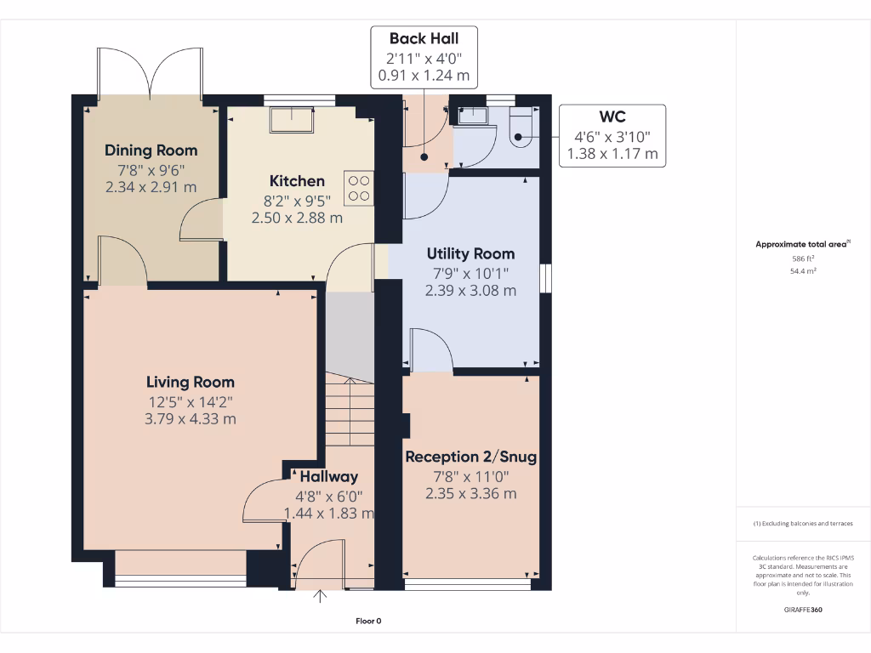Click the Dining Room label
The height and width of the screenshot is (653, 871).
[x=151, y=150]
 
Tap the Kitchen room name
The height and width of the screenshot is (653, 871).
[x=297, y=181]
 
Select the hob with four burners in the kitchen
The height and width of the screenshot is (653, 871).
[x=359, y=188]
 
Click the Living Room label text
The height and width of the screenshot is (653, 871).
[x=190, y=383]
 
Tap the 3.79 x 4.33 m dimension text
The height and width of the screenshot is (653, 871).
[x=190, y=418]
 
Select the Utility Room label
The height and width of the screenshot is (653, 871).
[x=470, y=253]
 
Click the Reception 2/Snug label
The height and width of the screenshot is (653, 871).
[x=470, y=457]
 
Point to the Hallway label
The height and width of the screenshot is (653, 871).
[x=328, y=476]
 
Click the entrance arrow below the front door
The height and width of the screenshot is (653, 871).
[x=321, y=597]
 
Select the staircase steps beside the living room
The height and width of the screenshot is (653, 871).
[x=348, y=417]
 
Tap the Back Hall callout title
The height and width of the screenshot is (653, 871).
[x=424, y=38]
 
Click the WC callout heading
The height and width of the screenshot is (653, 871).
[x=612, y=117]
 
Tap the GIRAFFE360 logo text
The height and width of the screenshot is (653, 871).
[x=803, y=610]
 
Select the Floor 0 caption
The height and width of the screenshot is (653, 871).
[x=368, y=622]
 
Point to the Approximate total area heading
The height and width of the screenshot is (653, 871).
[x=802, y=245]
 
